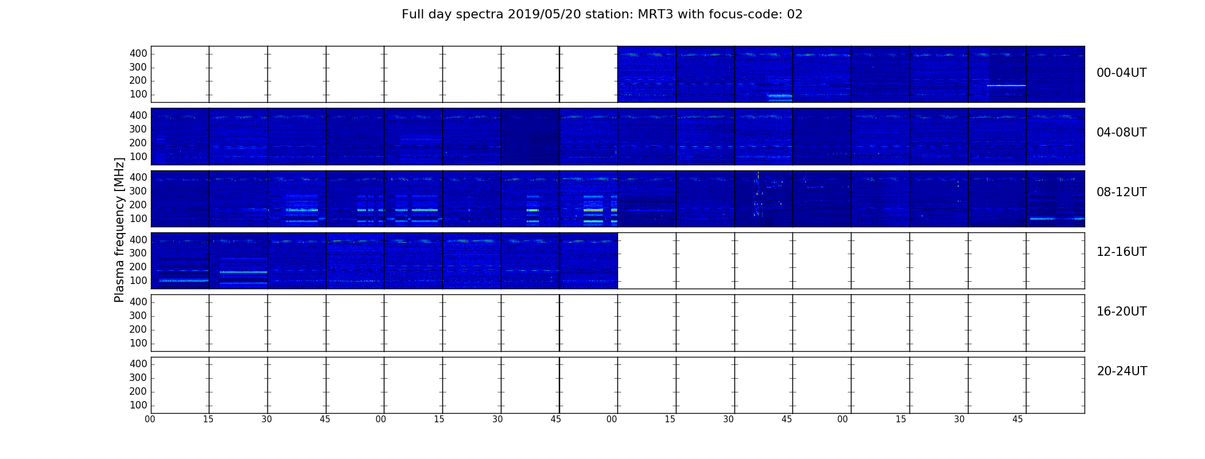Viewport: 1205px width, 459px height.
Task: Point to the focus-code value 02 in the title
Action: point(795,14)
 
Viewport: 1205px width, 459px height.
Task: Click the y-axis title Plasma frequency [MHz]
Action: point(119,229)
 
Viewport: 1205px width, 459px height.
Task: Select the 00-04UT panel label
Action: point(1122,73)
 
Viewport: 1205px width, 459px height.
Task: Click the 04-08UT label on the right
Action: point(1122,133)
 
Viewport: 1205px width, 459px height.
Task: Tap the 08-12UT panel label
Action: point(1122,192)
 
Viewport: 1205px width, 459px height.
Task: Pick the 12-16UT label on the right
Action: point(1122,252)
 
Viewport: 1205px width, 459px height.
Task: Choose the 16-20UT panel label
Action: point(1122,312)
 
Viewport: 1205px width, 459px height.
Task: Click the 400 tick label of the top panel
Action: point(138,53)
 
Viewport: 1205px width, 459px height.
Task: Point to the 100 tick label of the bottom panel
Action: point(138,405)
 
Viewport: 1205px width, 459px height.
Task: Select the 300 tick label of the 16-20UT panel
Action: point(138,316)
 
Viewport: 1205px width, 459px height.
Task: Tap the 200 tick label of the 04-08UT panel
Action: point(138,143)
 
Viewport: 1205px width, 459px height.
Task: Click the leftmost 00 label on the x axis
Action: point(150,419)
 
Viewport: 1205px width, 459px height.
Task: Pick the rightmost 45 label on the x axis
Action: point(1017,419)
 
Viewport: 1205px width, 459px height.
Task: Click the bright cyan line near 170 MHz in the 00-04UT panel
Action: point(1006,85)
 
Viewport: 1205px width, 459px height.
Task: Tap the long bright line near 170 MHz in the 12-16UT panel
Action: point(243,272)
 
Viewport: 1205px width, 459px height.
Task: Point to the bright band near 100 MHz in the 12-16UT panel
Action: point(184,281)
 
